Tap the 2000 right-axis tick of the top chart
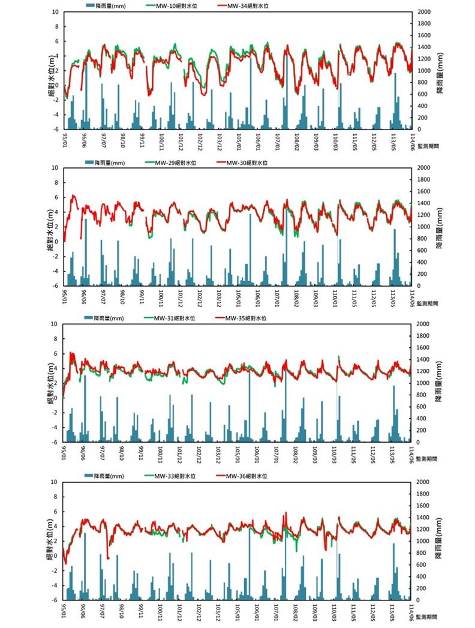(424, 12)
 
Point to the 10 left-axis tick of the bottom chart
(54, 482)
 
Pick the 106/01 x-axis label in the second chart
(257, 296)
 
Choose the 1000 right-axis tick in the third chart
(424, 383)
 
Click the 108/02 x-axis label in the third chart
(296, 452)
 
